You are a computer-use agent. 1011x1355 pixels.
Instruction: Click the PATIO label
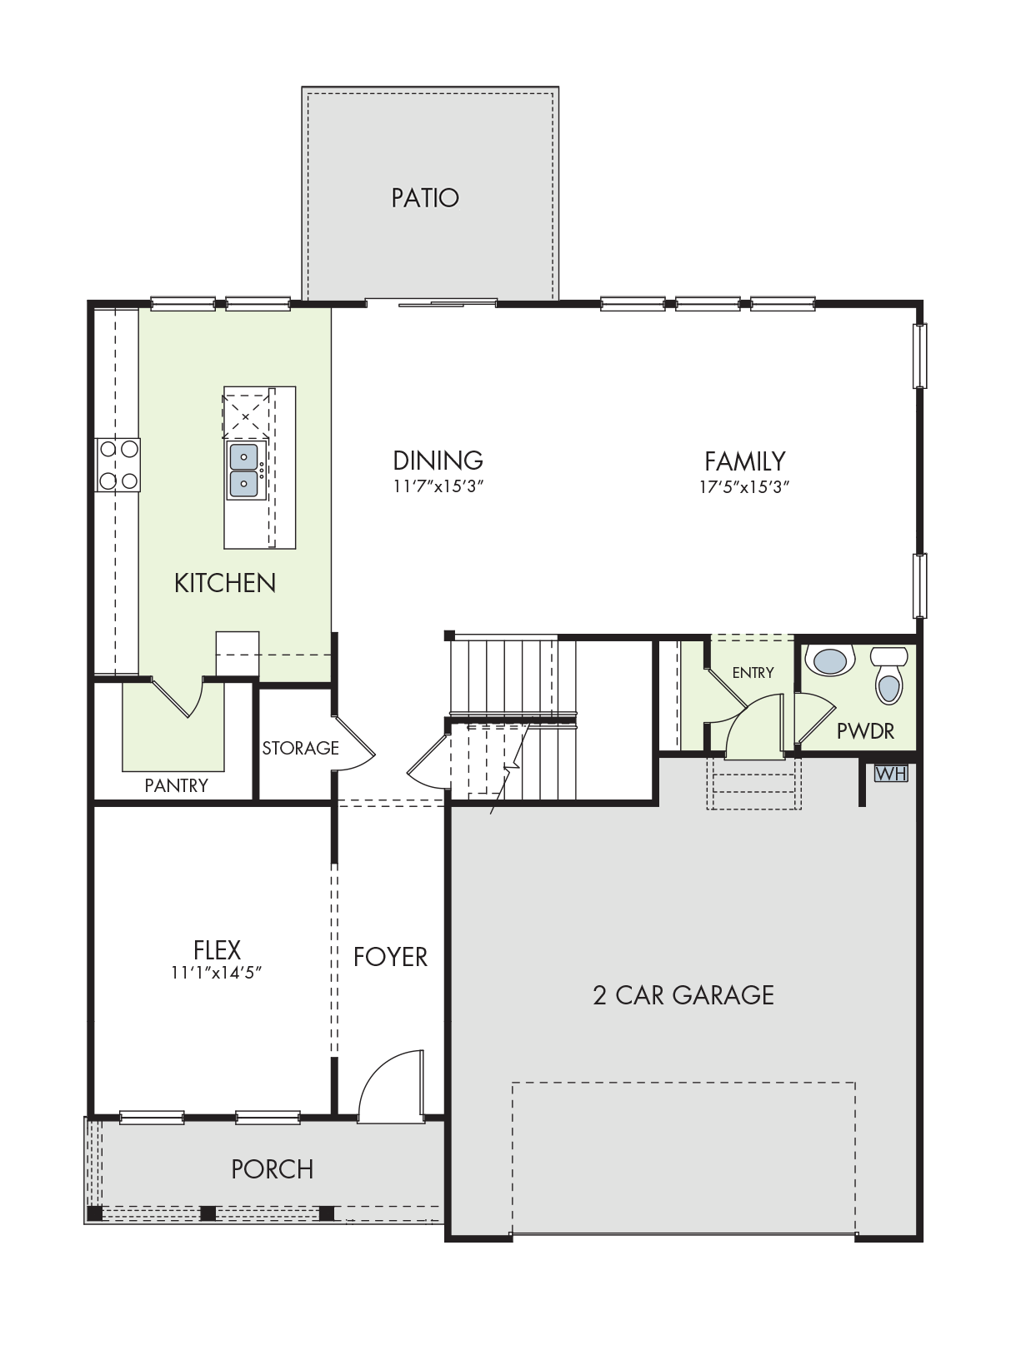point(425,198)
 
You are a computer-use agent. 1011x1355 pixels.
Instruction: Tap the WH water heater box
point(891,774)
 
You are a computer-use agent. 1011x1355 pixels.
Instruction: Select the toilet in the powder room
point(888,675)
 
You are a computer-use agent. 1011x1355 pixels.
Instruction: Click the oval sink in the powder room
point(829,660)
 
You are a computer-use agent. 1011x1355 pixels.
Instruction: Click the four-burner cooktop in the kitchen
point(118,465)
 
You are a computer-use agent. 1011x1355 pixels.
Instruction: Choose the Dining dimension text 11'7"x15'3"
point(438,486)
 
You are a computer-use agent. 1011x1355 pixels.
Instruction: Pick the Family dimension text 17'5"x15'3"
point(744,487)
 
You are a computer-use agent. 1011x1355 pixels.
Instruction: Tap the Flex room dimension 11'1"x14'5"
point(216,972)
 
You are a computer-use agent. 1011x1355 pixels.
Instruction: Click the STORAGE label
point(300,748)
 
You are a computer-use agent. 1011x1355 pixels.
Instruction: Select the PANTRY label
point(176,785)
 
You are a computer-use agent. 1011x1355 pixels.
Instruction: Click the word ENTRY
point(753,672)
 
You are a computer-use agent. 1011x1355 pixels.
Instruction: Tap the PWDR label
point(865,731)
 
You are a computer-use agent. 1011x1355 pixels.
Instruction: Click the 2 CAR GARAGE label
point(683,996)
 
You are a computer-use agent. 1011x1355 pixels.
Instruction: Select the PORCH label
point(273,1169)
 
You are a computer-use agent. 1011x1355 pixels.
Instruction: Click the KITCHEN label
point(225,583)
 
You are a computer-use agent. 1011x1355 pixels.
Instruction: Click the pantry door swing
point(178,698)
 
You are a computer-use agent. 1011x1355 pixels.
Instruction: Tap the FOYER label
point(390,958)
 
